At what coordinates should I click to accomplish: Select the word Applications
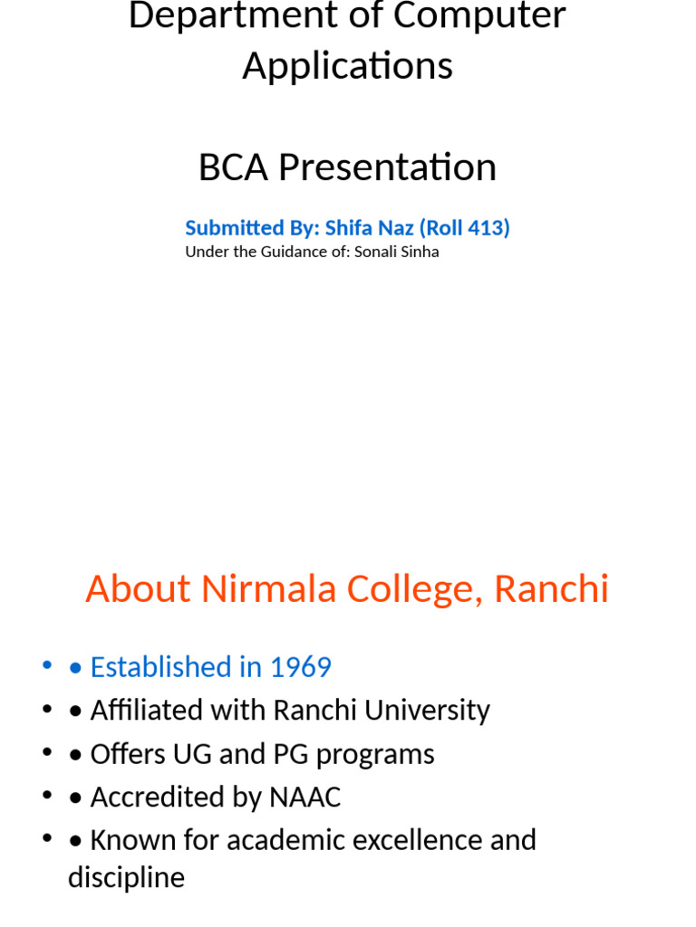[347, 67]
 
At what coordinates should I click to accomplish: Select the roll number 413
[486, 227]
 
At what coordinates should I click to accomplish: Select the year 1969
[300, 667]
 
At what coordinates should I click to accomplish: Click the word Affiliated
[148, 711]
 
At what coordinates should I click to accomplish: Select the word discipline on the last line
[126, 878]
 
